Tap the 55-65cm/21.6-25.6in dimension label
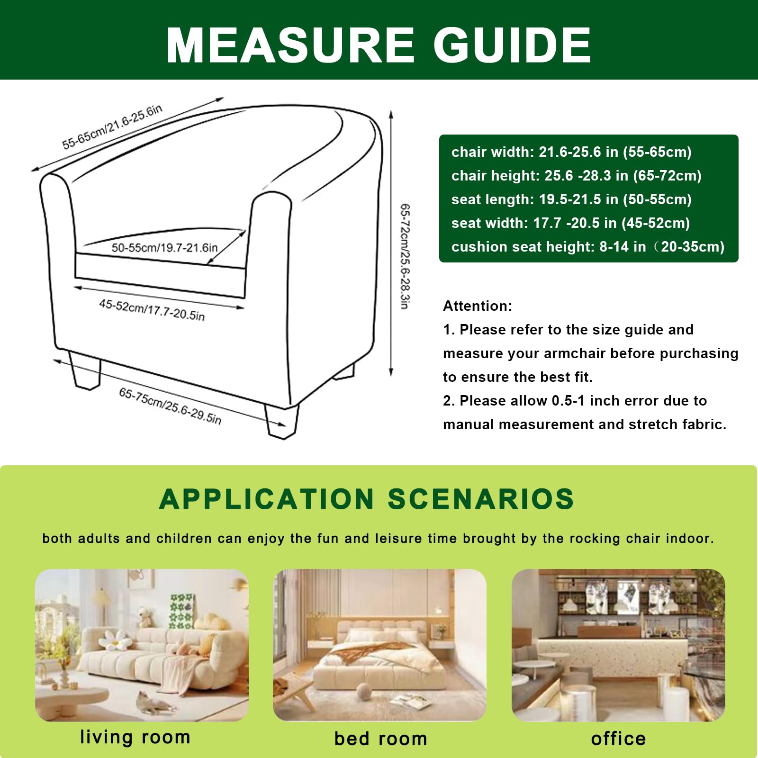pyautogui.click(x=112, y=126)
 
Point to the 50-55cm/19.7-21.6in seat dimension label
pyautogui.click(x=164, y=247)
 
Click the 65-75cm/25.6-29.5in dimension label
pyautogui.click(x=170, y=406)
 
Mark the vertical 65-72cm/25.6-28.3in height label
pyautogui.click(x=405, y=256)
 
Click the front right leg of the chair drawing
pyautogui.click(x=282, y=421)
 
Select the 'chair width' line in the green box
pyautogui.click(x=571, y=152)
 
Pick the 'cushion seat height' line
pyautogui.click(x=587, y=247)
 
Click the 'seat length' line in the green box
pyautogui.click(x=571, y=199)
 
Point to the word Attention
pyautogui.click(x=478, y=306)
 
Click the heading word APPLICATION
pyautogui.click(x=267, y=499)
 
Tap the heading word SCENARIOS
pyautogui.click(x=480, y=499)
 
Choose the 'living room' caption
pyautogui.click(x=135, y=737)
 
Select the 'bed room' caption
pyautogui.click(x=380, y=739)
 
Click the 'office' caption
pyautogui.click(x=618, y=739)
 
